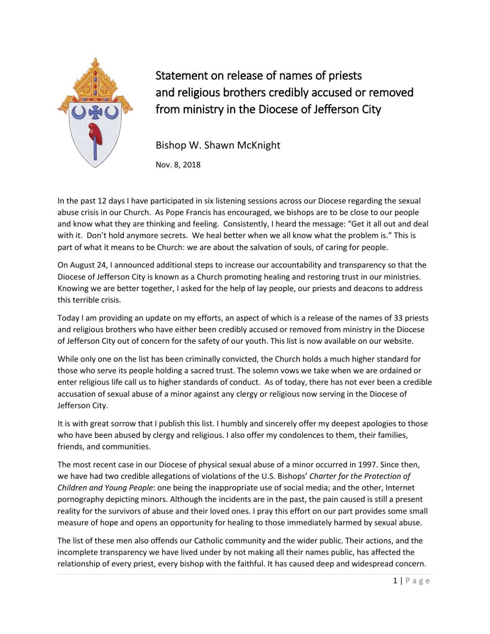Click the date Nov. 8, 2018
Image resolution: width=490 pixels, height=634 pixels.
pos(178,164)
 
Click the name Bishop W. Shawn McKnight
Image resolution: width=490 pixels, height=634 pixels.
pos(218,145)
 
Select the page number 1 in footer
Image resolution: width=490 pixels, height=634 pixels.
pos(395,580)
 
